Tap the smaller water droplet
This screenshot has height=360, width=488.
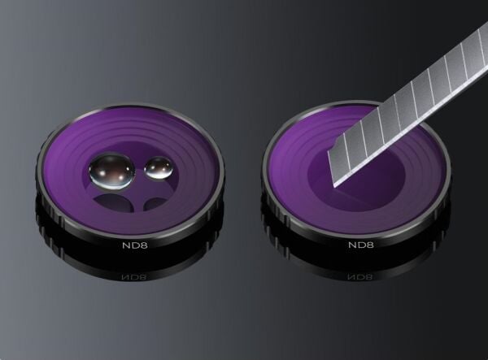[x=159, y=168]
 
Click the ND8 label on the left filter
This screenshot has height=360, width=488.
[x=135, y=245]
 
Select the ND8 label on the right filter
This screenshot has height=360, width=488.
[x=360, y=245]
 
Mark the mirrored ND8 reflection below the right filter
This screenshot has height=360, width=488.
[x=359, y=276]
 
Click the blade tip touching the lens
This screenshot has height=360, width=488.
[x=335, y=187]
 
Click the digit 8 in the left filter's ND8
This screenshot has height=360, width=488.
[x=144, y=245]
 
